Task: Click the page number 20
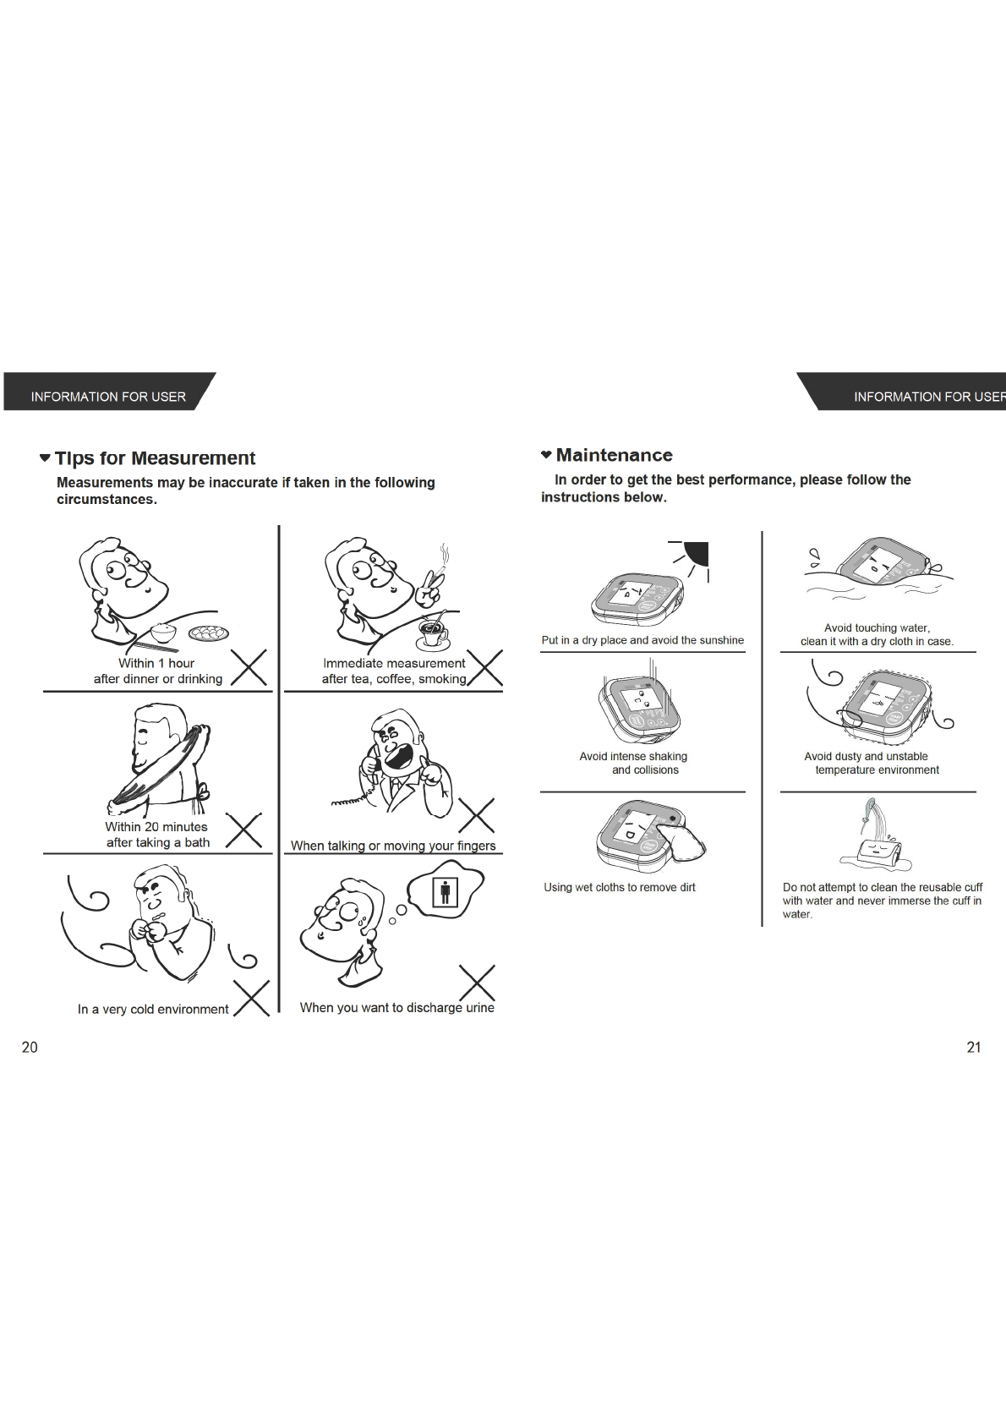pos(30,1047)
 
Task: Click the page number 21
pos(974,1047)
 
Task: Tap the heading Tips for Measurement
pos(155,458)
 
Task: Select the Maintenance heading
pos(614,456)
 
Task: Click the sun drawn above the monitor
pos(697,554)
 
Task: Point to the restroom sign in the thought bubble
pos(445,891)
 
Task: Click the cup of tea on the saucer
pos(434,630)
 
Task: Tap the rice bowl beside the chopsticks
pos(163,633)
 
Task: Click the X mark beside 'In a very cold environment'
pos(252,998)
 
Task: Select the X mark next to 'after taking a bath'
pos(244,830)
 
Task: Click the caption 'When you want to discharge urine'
pos(396,1007)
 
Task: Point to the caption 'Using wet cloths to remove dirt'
pos(620,887)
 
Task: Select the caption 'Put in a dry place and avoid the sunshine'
pos(642,640)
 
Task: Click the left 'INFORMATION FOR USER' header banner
pos(108,396)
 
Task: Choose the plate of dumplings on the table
pos(208,632)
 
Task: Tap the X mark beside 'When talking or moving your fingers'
pos(476,815)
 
